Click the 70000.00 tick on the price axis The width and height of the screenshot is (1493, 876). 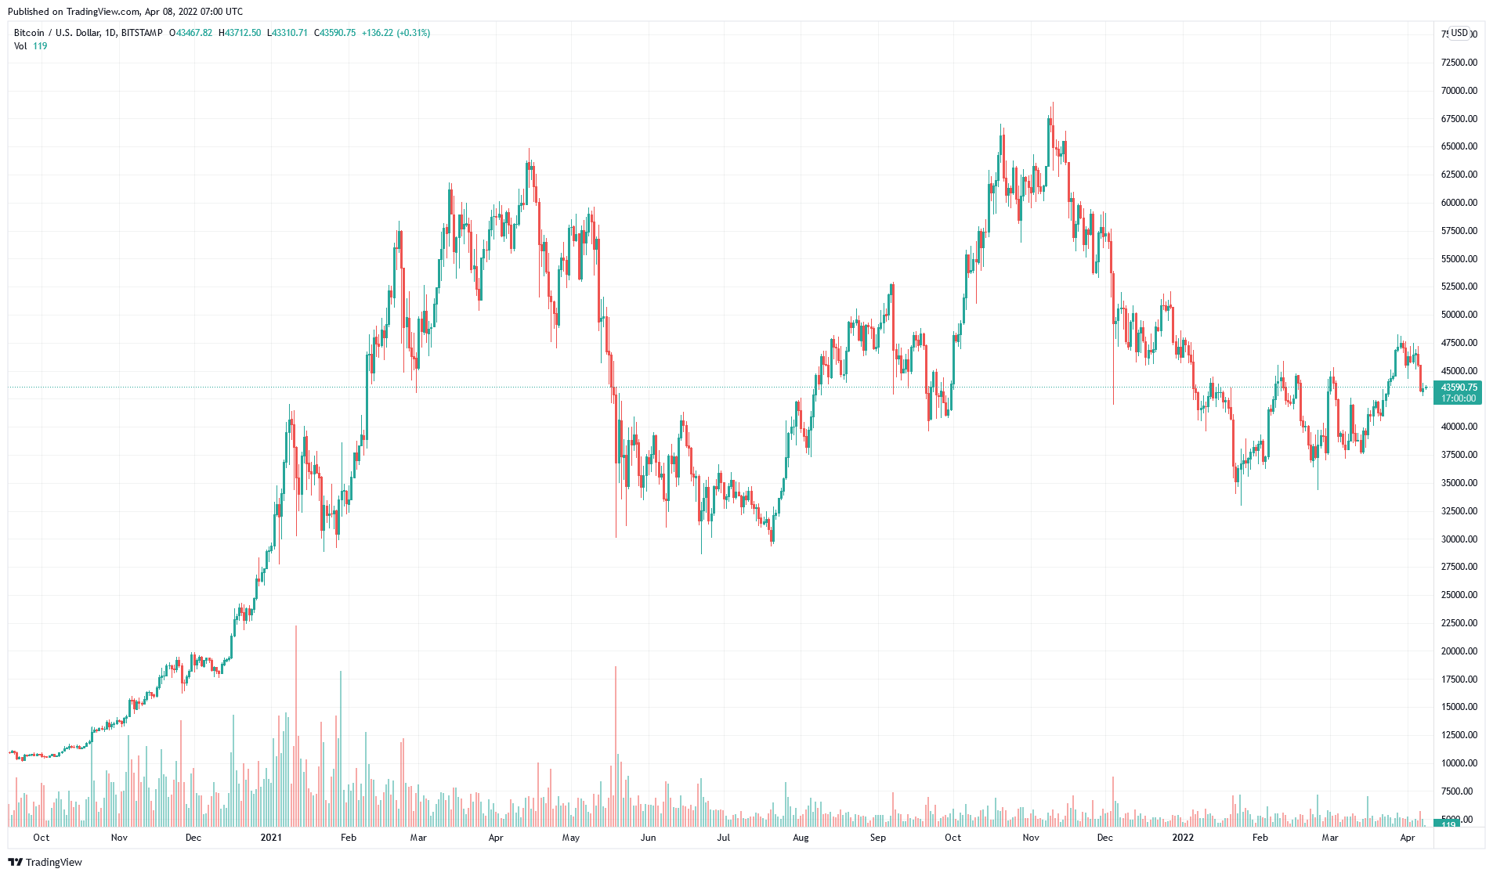point(1459,91)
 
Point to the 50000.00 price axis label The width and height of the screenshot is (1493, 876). point(1459,315)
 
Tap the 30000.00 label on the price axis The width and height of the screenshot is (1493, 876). point(1459,539)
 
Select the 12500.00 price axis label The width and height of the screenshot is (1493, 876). point(1459,734)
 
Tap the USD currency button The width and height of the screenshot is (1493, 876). point(1459,33)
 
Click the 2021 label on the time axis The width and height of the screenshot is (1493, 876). point(271,838)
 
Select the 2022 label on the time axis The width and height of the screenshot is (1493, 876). point(1183,838)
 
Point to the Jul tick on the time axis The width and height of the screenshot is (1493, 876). point(723,838)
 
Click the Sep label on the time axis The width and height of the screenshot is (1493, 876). point(878,838)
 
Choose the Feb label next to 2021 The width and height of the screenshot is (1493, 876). point(349,838)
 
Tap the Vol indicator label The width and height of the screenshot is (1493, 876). point(20,46)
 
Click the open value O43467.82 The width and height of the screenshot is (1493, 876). point(191,33)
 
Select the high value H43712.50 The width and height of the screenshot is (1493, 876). point(240,33)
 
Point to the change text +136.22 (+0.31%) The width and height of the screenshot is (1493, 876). point(396,33)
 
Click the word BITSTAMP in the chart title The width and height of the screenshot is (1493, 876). point(142,33)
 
